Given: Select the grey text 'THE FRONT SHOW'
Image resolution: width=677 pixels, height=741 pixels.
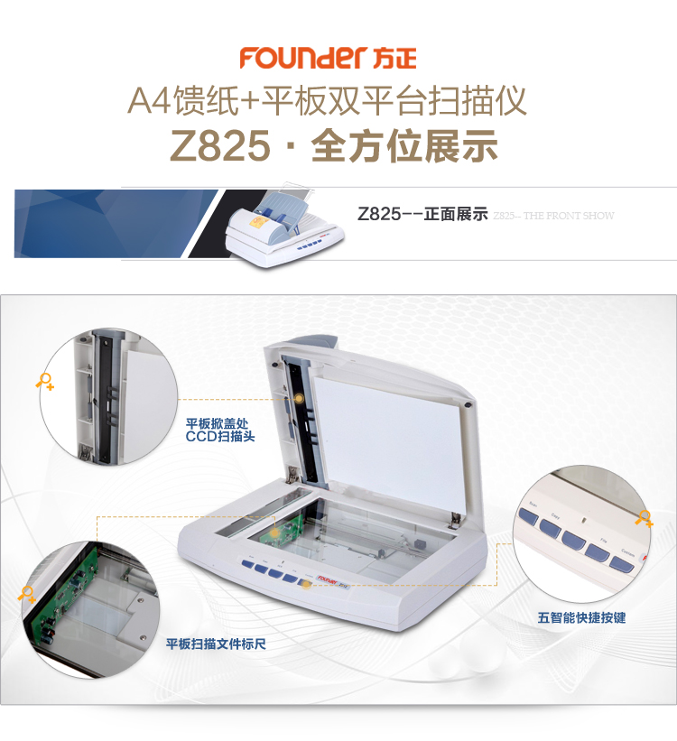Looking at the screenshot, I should tap(569, 216).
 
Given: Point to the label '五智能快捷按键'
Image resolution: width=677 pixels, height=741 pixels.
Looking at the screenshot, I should tap(581, 617).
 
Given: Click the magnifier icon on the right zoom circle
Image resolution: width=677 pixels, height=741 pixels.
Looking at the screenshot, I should tap(643, 518).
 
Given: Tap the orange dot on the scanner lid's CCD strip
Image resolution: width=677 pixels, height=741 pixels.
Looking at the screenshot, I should tap(298, 397).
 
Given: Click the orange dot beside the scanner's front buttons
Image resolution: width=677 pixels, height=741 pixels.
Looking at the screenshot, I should tap(307, 584).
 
